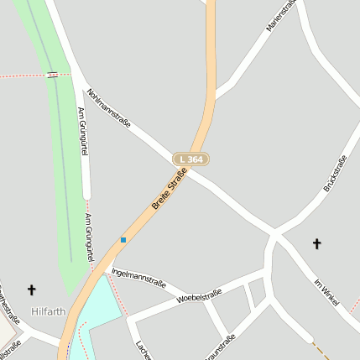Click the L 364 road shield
[x=191, y=159]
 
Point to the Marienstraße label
[x=282, y=16]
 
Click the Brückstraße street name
[x=336, y=175]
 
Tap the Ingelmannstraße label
[x=138, y=278]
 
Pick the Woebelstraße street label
[x=199, y=296]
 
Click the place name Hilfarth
[x=48, y=311]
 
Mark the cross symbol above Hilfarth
[x=32, y=290]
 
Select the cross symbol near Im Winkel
[x=317, y=244]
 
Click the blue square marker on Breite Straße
[x=123, y=240]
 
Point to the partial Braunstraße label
[x=219, y=346]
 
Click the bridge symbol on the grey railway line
[x=53, y=75]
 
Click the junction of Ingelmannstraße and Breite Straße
[x=106, y=269]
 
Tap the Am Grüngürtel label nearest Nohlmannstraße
[x=82, y=130]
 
